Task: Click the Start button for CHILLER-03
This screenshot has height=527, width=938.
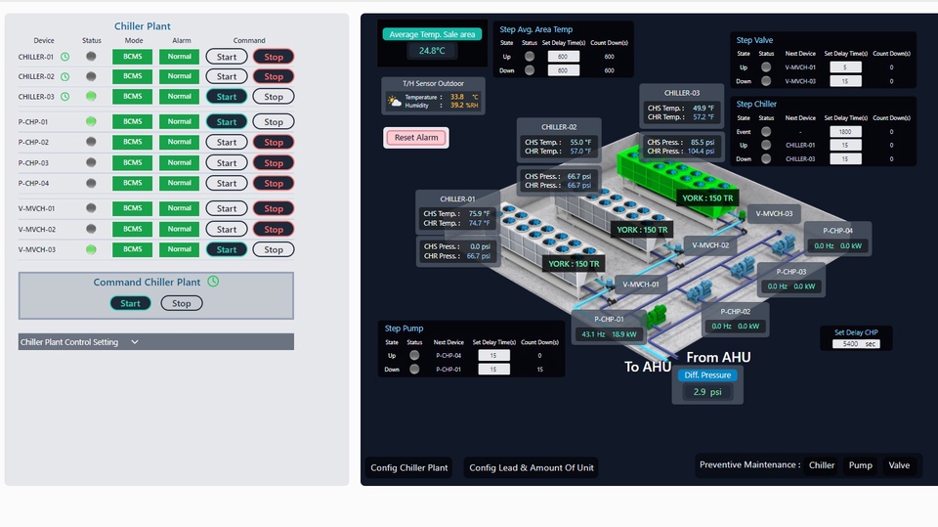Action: coord(227,97)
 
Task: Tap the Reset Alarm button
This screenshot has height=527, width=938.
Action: coord(416,138)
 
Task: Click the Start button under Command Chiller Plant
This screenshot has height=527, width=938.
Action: coord(131,303)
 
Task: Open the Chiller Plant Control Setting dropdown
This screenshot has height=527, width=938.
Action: coord(135,342)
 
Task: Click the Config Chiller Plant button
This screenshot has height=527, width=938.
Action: coord(409,467)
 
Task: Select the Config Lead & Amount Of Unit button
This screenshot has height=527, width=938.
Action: coord(532,467)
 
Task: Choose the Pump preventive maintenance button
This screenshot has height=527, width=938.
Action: coord(860,465)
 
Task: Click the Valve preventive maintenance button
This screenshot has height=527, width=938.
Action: coord(899,465)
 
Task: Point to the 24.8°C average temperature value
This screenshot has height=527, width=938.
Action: coord(432,51)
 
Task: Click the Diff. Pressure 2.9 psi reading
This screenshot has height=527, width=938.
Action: coord(706,392)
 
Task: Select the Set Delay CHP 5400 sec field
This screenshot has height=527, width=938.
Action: coord(857,344)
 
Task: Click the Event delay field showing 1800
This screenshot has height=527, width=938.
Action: coord(845,131)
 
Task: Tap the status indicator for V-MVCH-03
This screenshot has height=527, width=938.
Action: coord(91,249)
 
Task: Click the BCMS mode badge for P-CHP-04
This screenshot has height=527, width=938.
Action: coord(133,183)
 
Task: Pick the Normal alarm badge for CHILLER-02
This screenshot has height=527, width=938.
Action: coord(180,76)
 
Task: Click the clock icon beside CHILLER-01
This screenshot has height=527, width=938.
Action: coord(65,57)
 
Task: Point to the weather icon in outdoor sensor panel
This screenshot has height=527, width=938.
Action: coord(395,101)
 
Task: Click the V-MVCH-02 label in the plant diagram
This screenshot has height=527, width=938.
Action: coord(710,245)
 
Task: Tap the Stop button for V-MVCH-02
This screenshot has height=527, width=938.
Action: coord(274,230)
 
